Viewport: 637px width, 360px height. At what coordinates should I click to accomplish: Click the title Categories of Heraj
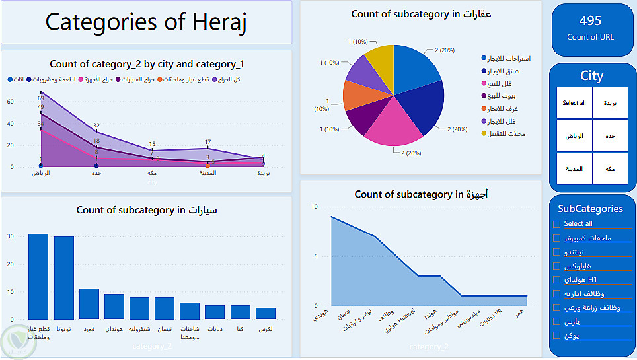pos(145,22)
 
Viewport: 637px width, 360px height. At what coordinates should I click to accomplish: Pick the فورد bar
pos(89,304)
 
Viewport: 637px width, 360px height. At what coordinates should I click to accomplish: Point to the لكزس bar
pos(266,313)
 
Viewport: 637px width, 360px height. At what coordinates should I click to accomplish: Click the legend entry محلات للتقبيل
pos(506,134)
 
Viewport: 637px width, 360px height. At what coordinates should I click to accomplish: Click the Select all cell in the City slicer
pos(574,103)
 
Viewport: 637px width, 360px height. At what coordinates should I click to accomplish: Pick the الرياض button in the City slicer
pos(574,136)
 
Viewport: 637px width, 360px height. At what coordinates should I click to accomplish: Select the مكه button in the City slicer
pos(610,169)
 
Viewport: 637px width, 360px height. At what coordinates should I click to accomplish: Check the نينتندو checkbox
pos(557,252)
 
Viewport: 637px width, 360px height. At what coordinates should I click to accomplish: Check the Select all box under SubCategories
pos(557,224)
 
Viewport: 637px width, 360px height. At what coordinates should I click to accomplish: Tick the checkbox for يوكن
pos(557,336)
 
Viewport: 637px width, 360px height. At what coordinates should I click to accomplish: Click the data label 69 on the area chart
pos(40,98)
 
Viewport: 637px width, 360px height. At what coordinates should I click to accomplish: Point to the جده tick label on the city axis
pos(96,174)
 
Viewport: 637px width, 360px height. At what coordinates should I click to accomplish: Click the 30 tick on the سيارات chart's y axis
pos(9,236)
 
